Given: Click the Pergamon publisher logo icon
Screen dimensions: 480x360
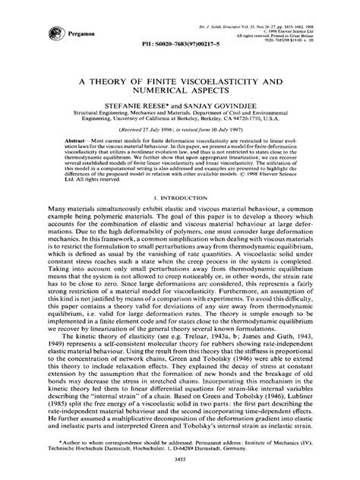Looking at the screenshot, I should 37,31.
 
